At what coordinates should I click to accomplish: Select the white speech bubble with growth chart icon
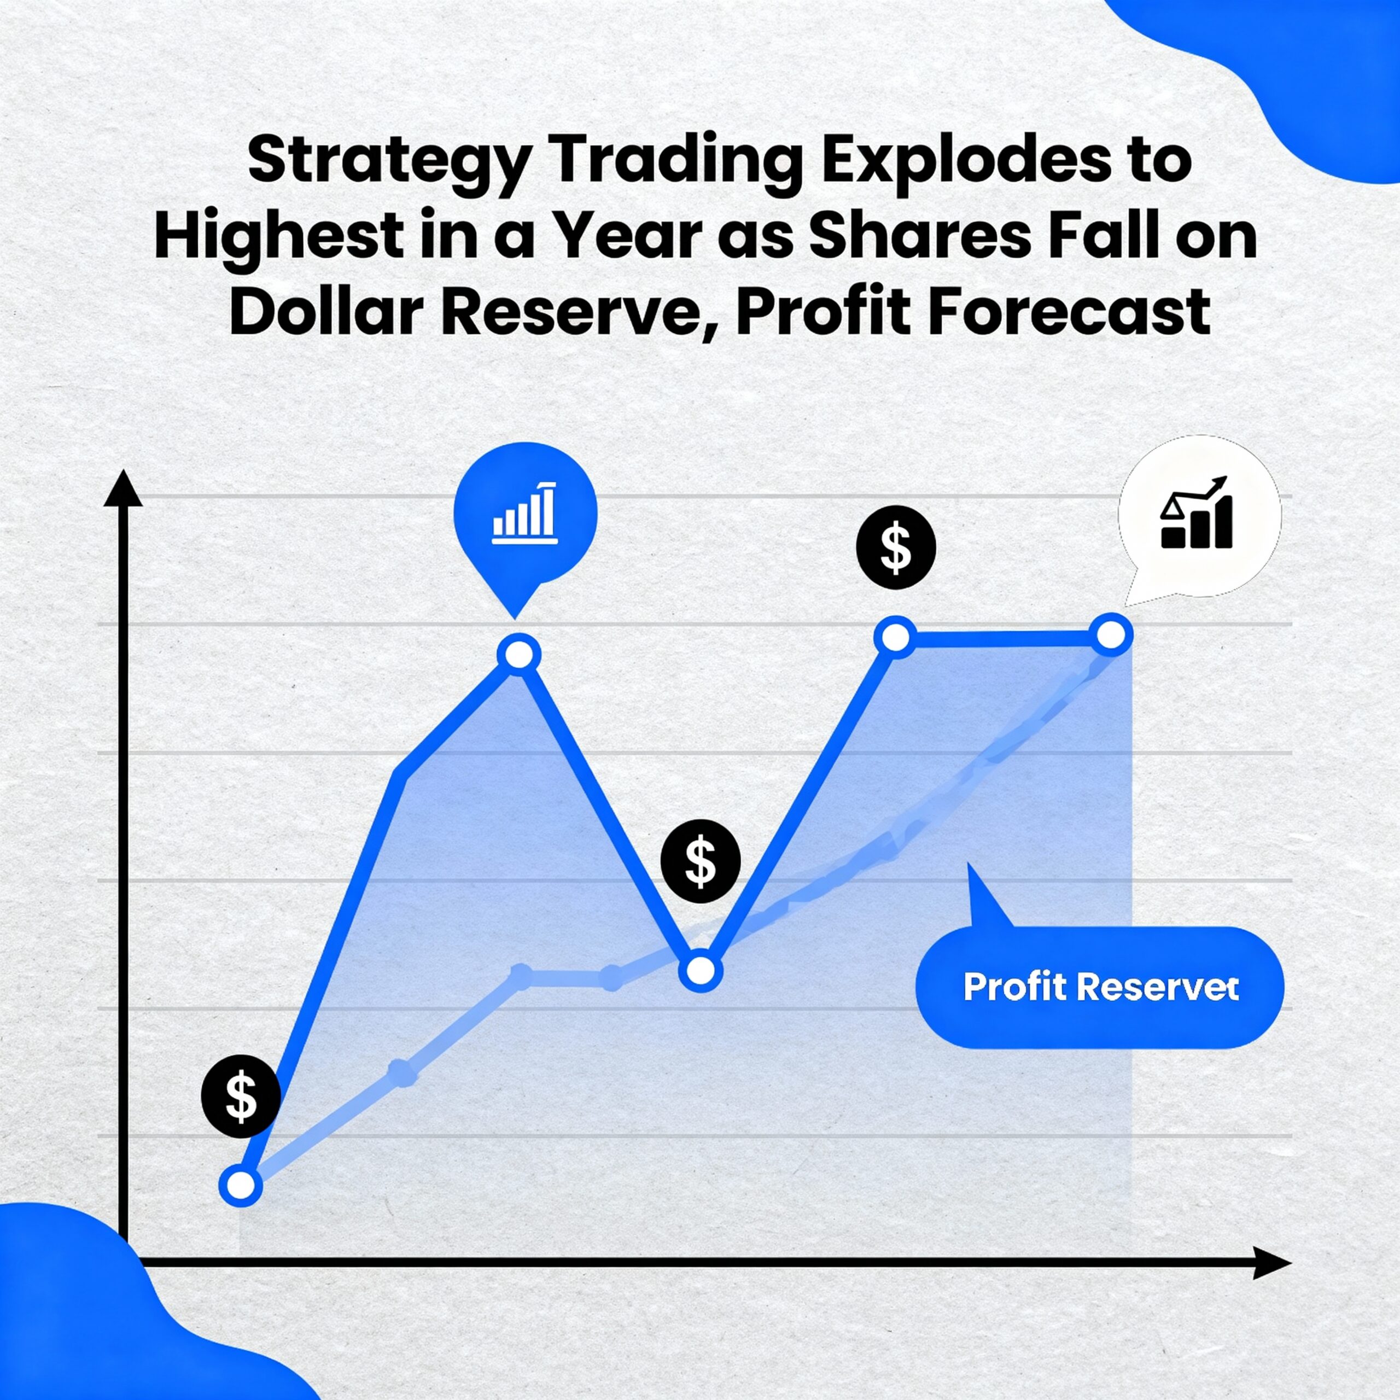pos(1199,520)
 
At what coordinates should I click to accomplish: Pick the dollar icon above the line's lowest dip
pos(700,861)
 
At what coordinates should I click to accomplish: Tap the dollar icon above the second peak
pos(896,547)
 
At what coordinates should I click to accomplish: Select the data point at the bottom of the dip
pos(701,970)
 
